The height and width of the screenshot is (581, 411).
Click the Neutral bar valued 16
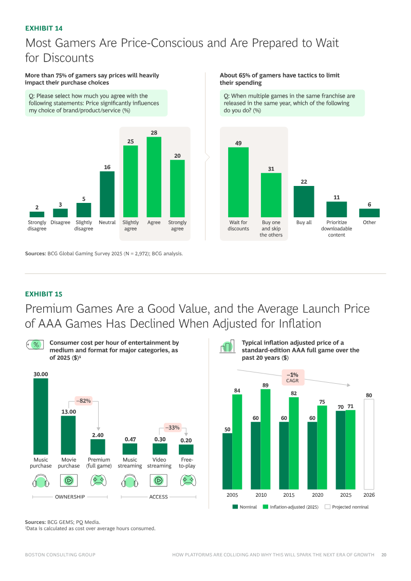(107, 194)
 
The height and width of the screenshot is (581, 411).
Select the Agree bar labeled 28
(154, 177)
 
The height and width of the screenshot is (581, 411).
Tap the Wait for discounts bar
(238, 182)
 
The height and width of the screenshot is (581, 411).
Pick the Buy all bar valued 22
(304, 201)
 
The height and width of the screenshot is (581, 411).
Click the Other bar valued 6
(369, 213)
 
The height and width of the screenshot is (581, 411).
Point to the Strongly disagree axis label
(37, 226)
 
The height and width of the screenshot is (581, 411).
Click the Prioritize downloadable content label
(337, 229)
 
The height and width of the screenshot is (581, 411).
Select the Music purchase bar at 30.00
(41, 416)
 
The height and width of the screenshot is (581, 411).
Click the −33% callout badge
(172, 427)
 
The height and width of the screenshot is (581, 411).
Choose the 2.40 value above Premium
(98, 435)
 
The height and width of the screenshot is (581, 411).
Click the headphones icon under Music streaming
(130, 481)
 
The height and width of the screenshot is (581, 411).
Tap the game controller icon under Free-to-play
(187, 481)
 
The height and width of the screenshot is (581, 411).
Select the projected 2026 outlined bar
(369, 444)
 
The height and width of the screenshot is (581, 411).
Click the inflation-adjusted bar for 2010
(266, 439)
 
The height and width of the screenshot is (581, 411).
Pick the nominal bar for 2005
(227, 461)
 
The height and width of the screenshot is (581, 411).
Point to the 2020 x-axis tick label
(317, 495)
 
